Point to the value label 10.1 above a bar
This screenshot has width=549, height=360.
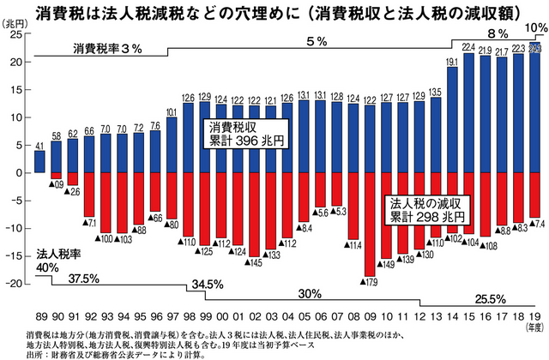[171, 111]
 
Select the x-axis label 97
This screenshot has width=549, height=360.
[171, 315]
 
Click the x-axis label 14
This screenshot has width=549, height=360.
[452, 315]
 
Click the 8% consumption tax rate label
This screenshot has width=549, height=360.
[496, 33]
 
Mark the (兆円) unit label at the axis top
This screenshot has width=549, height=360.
[17, 24]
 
